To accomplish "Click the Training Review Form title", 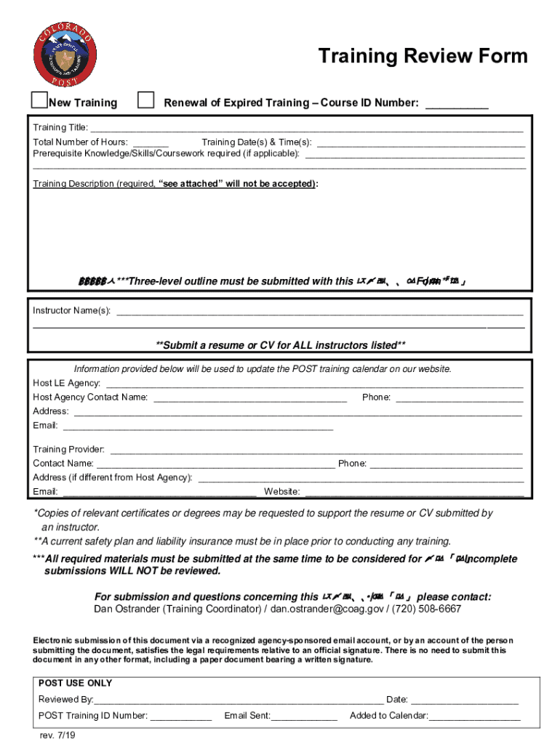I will [423, 57].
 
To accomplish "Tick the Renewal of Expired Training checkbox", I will [146, 100].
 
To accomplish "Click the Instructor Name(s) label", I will [71, 311].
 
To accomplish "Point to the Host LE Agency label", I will [66, 383].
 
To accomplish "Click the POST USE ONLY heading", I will [75, 684].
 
